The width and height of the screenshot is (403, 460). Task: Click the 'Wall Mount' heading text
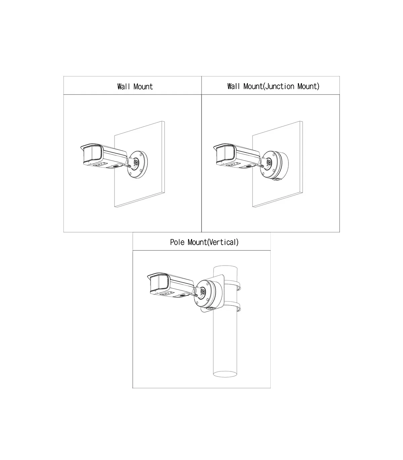point(135,87)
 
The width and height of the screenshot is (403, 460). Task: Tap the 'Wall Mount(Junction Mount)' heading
point(273,87)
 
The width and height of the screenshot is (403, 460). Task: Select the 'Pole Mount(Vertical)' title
point(204,242)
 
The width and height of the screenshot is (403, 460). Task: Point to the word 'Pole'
point(177,242)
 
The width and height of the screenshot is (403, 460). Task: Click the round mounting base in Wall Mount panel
point(138,165)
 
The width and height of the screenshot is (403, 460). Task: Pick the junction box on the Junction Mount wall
point(275,165)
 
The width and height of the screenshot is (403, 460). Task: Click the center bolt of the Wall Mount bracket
point(136,162)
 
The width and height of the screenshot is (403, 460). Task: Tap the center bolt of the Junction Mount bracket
point(269,162)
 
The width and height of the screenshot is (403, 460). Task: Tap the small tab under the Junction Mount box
point(276,179)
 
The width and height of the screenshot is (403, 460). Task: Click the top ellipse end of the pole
point(225,269)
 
